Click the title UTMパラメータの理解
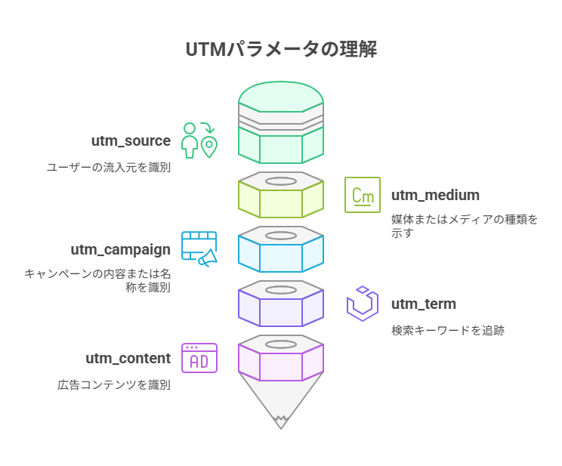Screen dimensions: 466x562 281,50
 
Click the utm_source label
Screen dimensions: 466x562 131,141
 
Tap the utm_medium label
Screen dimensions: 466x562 435,196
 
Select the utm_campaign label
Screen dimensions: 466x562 121,250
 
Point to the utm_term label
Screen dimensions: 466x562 423,304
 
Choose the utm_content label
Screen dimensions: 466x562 128,359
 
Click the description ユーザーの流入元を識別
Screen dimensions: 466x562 109,167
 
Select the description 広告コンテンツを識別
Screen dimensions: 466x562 114,384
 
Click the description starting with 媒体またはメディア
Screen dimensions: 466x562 465,226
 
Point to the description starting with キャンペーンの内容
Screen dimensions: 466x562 97,280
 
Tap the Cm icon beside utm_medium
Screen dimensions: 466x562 363,195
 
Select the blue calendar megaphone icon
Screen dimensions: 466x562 199,249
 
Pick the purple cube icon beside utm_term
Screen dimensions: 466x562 363,304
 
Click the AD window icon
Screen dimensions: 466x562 199,358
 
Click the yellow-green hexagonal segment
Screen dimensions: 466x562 281,198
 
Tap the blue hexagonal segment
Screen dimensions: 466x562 281,252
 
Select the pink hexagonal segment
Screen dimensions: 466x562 281,361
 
